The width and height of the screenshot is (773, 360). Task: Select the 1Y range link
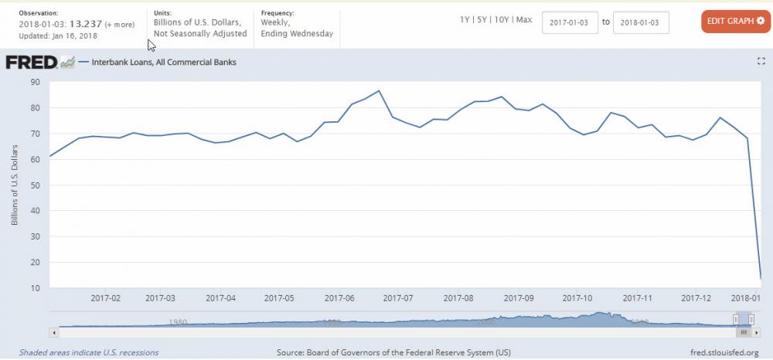click(x=465, y=19)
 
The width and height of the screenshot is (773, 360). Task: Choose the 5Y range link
click(x=483, y=19)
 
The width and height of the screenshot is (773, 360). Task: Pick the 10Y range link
click(x=503, y=19)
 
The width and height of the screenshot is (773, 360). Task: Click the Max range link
click(x=524, y=19)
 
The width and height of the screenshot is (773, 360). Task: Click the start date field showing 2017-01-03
click(x=570, y=22)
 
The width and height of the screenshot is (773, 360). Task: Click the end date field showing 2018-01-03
click(x=640, y=22)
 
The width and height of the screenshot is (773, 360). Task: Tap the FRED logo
click(x=32, y=63)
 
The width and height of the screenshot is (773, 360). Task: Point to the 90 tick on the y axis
click(x=36, y=82)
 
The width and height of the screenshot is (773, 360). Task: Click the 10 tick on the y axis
click(x=36, y=288)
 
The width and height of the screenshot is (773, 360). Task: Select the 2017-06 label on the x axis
click(x=339, y=297)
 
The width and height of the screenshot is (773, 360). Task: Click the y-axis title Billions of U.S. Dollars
click(x=15, y=185)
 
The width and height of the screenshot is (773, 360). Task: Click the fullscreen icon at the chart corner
click(x=760, y=61)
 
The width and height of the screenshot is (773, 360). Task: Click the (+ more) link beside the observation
click(x=121, y=24)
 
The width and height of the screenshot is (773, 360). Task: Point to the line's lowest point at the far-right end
click(x=761, y=279)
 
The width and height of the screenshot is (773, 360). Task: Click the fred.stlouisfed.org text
click(x=726, y=352)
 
